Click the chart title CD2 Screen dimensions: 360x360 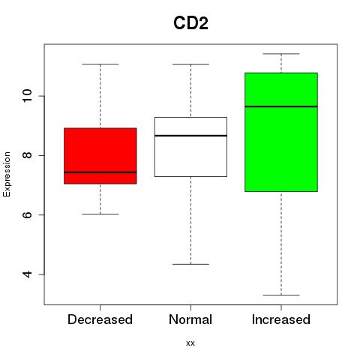(x=190, y=23)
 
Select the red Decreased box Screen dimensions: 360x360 (x=100, y=156)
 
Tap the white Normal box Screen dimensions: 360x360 (x=190, y=147)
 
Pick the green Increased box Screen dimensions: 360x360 (x=281, y=132)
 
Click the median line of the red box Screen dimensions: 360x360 (x=100, y=172)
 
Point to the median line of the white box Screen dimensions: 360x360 (x=190, y=136)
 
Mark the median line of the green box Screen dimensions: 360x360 (x=281, y=106)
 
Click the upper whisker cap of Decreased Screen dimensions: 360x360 (x=100, y=64)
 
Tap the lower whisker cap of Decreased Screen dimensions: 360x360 (x=100, y=214)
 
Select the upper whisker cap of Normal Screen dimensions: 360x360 (x=190, y=64)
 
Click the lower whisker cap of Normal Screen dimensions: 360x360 (x=190, y=264)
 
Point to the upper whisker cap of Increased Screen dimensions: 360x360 (x=281, y=54)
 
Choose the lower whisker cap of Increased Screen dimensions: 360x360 (x=281, y=295)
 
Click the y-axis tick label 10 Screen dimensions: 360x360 (x=28, y=96)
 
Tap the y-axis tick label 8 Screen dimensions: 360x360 (x=28, y=155)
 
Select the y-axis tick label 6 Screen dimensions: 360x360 (x=28, y=214)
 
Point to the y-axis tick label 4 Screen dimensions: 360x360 (x=28, y=274)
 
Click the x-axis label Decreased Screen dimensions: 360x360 (x=100, y=319)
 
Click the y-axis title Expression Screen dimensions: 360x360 (x=7, y=174)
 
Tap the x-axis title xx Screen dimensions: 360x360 (x=190, y=343)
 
